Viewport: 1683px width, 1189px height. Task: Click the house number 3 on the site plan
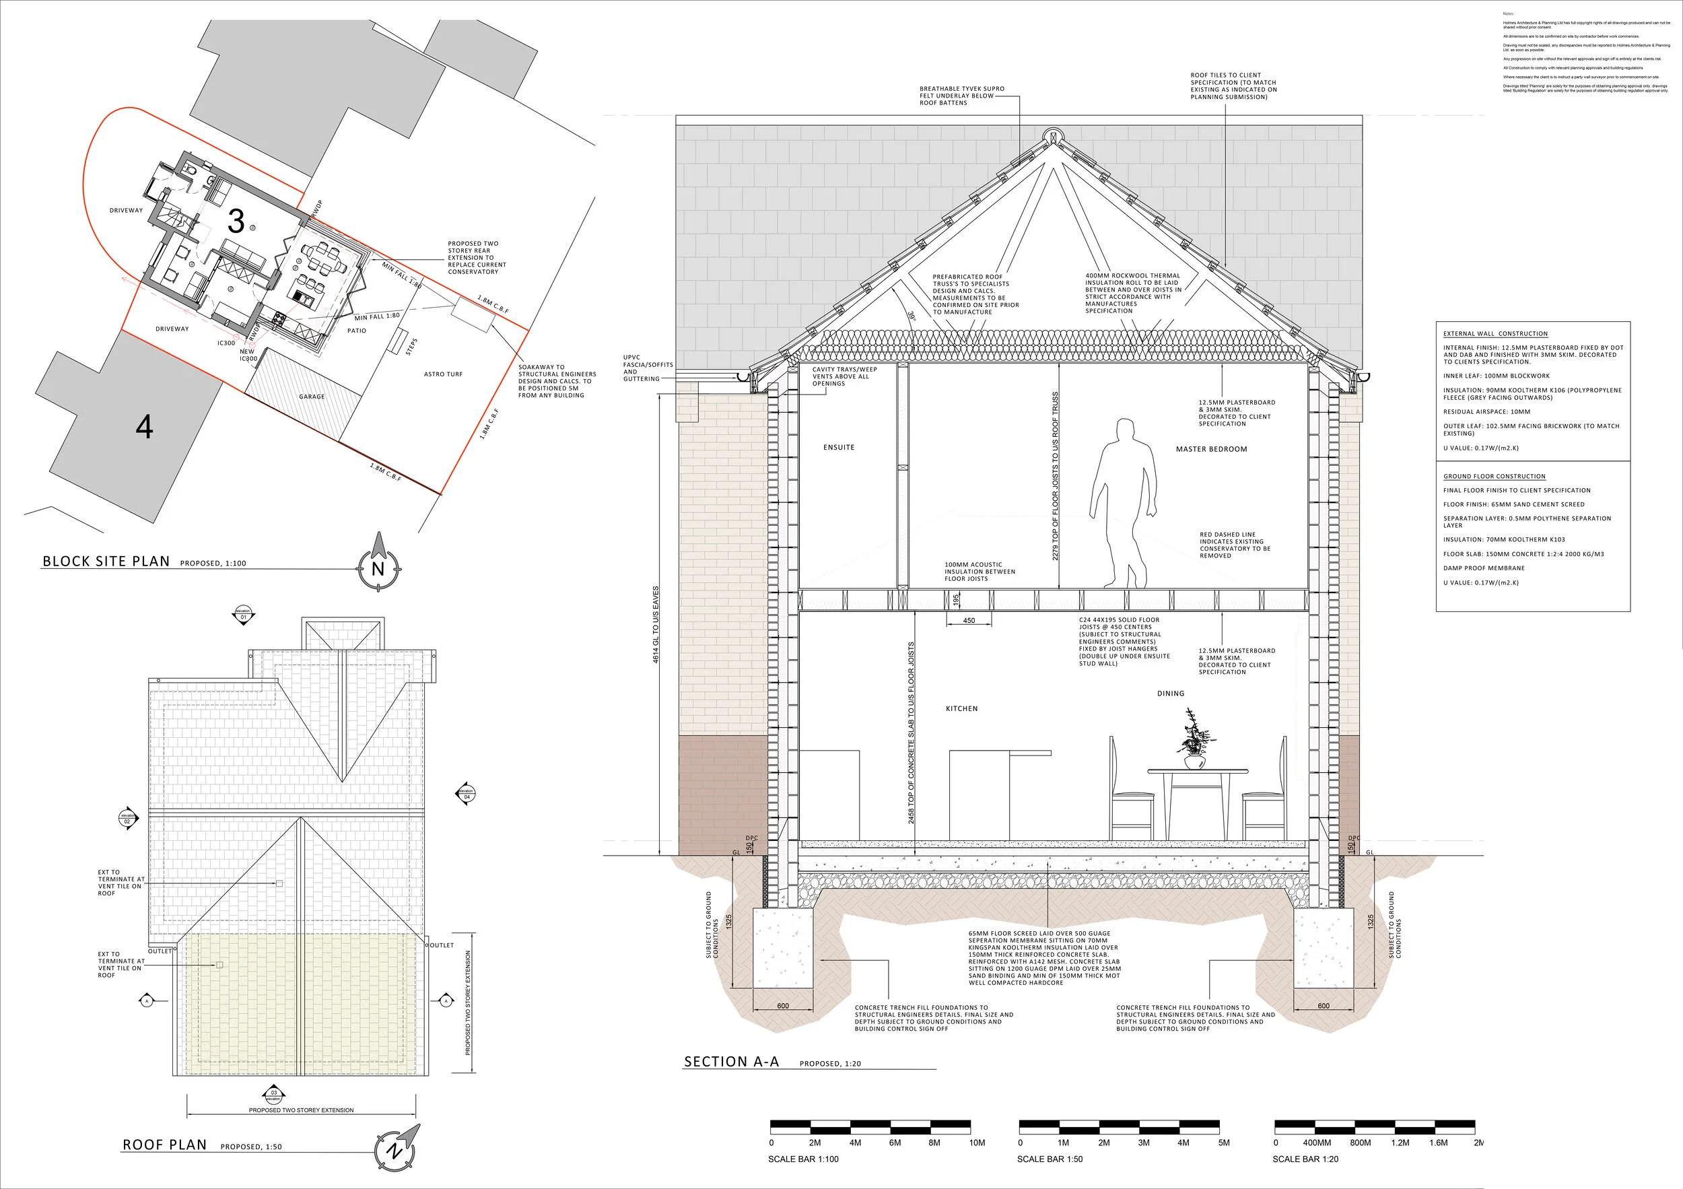[236, 221]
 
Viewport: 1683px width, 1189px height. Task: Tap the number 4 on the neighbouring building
[145, 427]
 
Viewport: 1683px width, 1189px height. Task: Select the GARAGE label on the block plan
[312, 397]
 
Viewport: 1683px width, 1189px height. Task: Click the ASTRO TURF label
[443, 374]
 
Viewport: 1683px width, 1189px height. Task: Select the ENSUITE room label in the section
[839, 447]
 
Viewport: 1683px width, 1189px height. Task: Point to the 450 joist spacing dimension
[968, 621]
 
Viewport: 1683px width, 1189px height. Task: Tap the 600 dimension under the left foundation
[783, 1006]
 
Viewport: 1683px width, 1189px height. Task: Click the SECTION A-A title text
[731, 1062]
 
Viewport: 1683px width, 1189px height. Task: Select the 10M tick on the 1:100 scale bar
[977, 1143]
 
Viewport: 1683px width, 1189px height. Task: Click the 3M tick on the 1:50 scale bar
[1144, 1143]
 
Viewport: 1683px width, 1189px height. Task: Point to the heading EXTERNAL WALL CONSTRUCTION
[1495, 333]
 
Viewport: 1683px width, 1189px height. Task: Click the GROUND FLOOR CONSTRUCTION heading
[1494, 477]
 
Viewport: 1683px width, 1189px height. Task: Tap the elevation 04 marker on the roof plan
[467, 794]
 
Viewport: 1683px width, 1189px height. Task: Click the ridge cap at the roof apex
[1051, 137]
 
